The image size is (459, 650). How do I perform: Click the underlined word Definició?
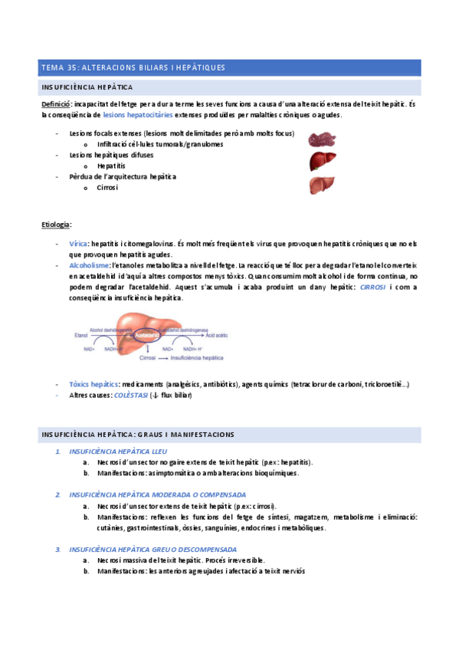pyautogui.click(x=57, y=103)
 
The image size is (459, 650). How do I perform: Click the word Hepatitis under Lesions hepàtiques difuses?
pyautogui.click(x=111, y=166)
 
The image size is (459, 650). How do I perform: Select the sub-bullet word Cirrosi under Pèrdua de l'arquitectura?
pyautogui.click(x=107, y=187)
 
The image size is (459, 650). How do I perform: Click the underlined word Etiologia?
pyautogui.click(x=57, y=225)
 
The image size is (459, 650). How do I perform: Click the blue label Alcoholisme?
pyautogui.click(x=89, y=264)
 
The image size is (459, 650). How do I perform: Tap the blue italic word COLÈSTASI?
pyautogui.click(x=132, y=395)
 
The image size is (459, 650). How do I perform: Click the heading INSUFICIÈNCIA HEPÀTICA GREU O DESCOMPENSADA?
pyautogui.click(x=152, y=550)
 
